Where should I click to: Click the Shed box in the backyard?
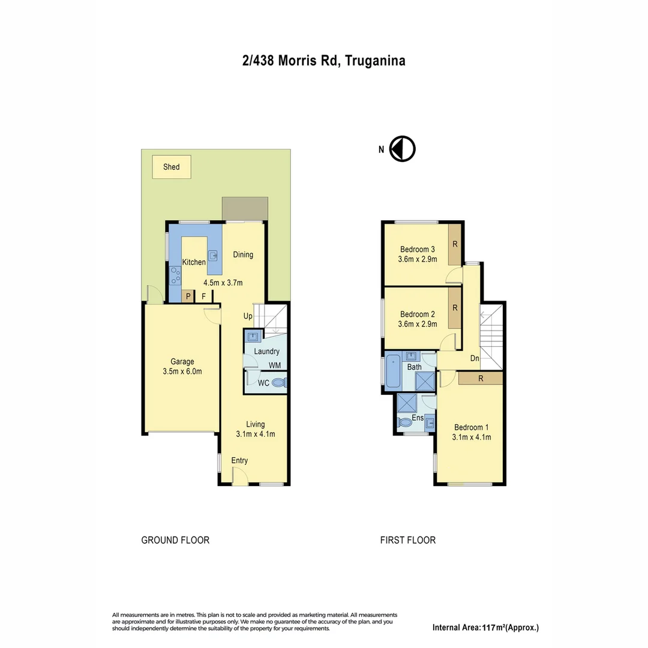pos(172,167)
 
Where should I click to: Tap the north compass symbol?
pos(402,149)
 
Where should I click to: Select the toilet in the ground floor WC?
pos(278,383)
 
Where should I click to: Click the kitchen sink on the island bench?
pos(213,255)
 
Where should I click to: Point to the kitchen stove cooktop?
pos(176,275)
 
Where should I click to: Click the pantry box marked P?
pos(188,296)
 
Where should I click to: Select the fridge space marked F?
pos(204,296)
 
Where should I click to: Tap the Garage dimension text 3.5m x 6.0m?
pos(182,371)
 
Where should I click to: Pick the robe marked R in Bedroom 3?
pos(455,244)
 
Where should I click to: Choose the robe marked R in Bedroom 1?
pos(481,379)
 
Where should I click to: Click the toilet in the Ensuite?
pos(406,422)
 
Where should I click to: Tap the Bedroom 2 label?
pos(418,314)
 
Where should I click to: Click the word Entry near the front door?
pos(239,460)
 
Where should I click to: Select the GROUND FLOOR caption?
pos(175,540)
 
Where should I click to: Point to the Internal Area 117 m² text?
pos(485,628)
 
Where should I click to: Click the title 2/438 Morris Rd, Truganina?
pos(323,61)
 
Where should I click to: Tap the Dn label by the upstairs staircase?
pos(475,358)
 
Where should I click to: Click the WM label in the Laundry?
pos(274,365)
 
